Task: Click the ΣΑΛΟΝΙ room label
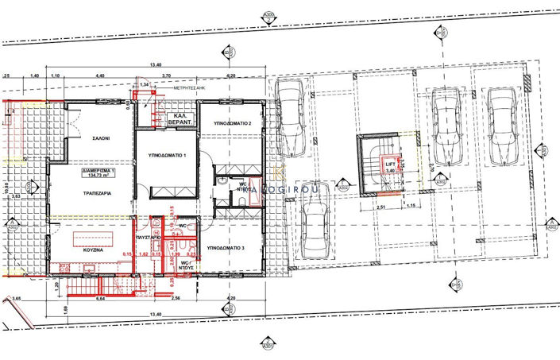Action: click(x=99, y=137)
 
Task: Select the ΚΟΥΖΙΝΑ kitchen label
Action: click(x=94, y=249)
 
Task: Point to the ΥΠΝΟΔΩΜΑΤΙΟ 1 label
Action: click(x=163, y=156)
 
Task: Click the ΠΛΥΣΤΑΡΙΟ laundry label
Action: click(x=150, y=238)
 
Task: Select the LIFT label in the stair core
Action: click(x=390, y=165)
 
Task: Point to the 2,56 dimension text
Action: click(x=176, y=300)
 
